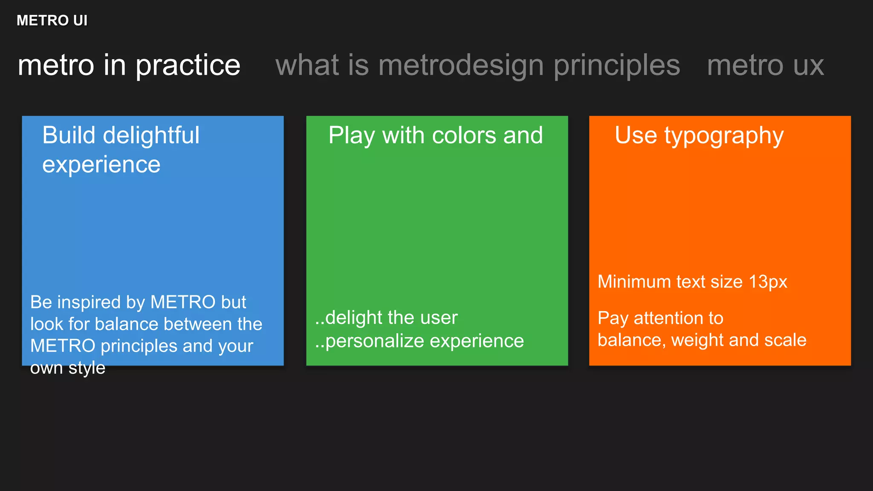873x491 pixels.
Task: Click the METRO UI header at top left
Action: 52,20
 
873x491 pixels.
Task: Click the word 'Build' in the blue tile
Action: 69,136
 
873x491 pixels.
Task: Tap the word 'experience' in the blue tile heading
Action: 101,165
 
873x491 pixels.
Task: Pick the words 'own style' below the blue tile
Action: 68,368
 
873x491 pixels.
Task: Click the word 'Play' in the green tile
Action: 352,136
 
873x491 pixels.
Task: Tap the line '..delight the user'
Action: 386,318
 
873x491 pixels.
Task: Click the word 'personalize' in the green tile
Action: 375,341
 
